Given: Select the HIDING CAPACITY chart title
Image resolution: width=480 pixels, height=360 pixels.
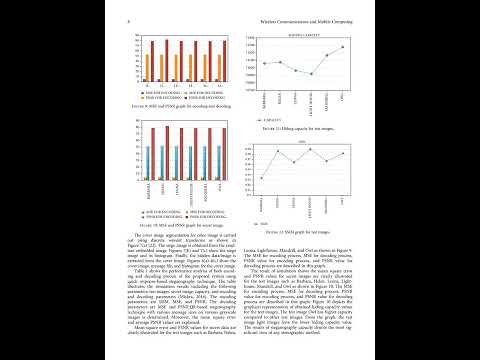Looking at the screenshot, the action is tap(305, 34).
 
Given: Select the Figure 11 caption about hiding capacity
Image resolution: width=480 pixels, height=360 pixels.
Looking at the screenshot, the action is tap(303, 129).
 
